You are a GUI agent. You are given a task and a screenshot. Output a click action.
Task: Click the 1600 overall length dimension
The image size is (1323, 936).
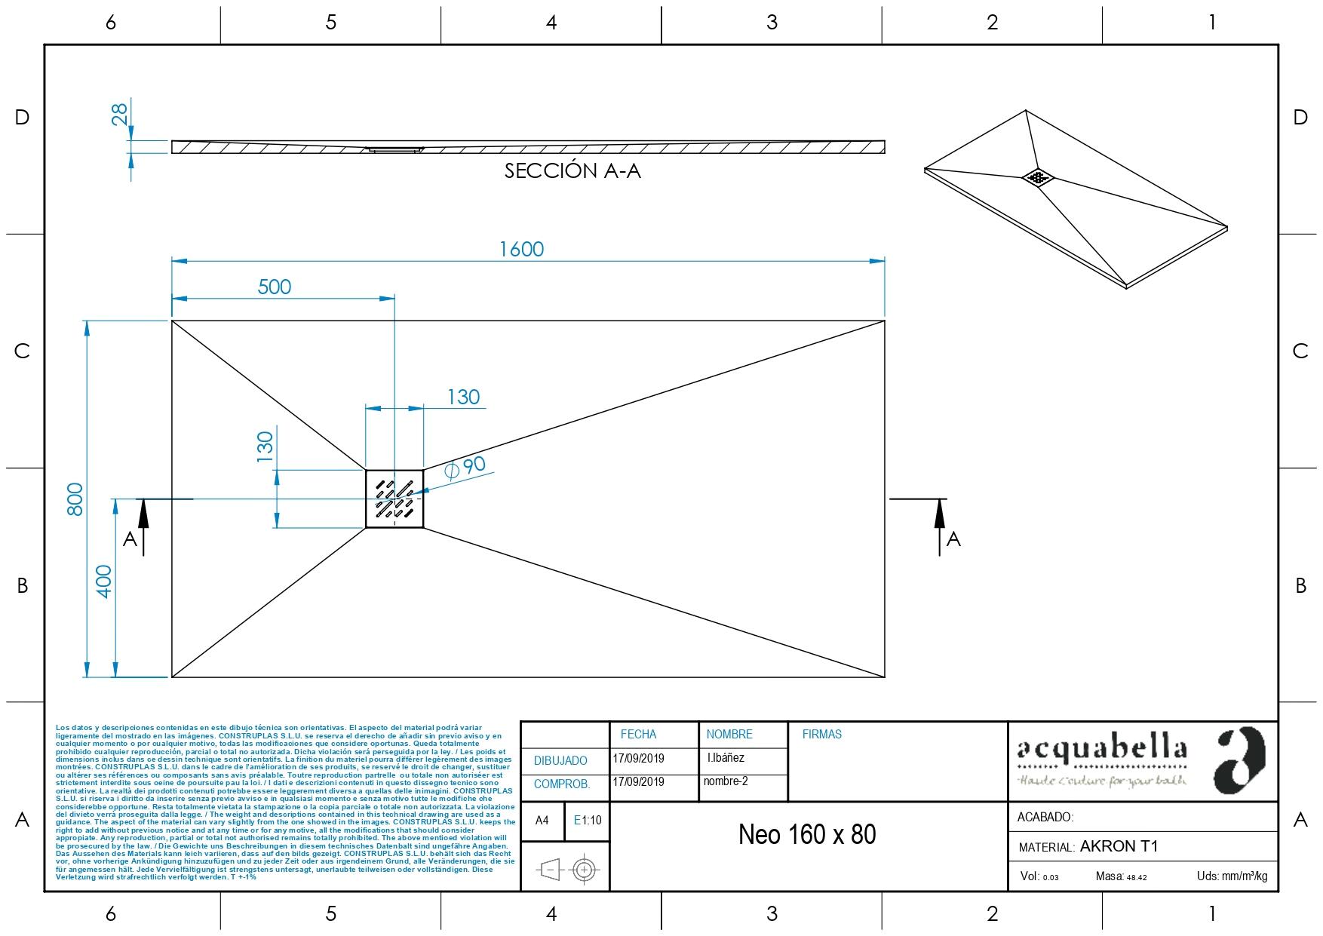tap(521, 249)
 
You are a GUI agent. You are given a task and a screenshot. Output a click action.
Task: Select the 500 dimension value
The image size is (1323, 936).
tap(274, 287)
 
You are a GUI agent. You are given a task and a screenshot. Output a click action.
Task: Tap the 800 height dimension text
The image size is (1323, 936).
tap(75, 499)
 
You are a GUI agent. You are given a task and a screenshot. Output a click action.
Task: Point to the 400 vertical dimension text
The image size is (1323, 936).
tap(104, 581)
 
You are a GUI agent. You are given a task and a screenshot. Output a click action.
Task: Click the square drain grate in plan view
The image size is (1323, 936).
tap(394, 499)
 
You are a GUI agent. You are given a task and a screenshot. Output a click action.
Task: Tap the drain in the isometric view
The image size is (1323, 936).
tap(1038, 177)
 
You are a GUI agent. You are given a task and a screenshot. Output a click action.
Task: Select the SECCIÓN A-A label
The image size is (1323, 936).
tap(572, 171)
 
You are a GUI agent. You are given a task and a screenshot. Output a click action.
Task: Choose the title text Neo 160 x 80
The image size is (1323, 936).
tap(807, 835)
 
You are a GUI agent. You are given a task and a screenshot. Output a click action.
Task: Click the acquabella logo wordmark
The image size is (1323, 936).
tap(1102, 750)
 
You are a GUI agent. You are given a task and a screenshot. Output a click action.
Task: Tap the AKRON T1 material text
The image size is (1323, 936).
tap(1119, 846)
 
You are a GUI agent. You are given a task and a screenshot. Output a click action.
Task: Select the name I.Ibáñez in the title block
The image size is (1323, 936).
tap(726, 758)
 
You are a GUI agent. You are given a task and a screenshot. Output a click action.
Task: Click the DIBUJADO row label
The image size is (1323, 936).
tap(560, 761)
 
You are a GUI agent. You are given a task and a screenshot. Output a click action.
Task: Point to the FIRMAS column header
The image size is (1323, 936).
tap(821, 734)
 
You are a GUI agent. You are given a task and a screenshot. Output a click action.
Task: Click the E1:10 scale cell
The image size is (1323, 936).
tap(588, 821)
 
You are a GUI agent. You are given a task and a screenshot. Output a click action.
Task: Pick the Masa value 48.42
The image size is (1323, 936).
tap(1136, 877)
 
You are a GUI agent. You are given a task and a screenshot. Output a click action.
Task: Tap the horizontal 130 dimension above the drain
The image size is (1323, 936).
tap(463, 397)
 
